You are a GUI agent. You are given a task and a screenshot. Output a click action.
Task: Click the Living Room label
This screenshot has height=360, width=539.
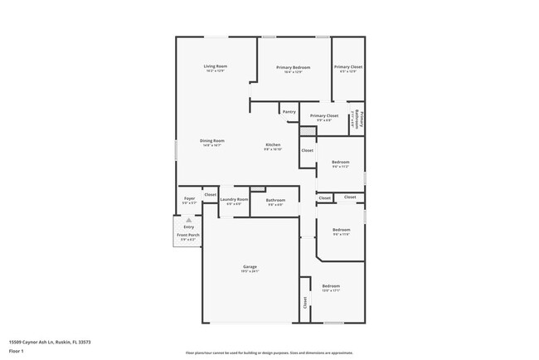tap(216, 66)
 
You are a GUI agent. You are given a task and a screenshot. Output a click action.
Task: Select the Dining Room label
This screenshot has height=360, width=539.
tap(212, 140)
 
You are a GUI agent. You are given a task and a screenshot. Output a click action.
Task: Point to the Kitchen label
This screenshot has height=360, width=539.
tap(273, 144)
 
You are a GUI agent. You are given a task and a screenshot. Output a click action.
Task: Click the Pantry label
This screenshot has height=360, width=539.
tap(289, 111)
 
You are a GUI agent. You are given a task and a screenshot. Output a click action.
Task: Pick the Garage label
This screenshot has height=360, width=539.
tap(250, 266)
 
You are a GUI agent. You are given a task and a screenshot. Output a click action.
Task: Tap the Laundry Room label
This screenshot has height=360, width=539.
tap(234, 199)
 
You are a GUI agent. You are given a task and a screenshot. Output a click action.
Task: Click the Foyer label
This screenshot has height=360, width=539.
tap(189, 199)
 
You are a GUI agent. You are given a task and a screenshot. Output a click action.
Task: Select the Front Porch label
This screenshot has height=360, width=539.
tap(188, 235)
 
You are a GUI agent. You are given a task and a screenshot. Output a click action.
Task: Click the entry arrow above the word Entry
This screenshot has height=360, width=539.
tap(188, 220)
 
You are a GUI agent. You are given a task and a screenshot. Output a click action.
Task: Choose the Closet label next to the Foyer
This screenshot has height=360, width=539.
tap(210, 194)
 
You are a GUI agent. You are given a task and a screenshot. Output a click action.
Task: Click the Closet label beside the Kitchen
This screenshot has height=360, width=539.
tap(307, 150)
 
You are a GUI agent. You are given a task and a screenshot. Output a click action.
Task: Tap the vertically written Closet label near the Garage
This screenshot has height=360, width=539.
tap(305, 304)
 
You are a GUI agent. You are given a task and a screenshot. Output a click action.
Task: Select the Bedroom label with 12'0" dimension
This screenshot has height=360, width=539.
tap(331, 285)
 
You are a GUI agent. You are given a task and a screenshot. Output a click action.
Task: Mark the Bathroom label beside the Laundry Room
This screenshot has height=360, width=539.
tap(275, 200)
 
